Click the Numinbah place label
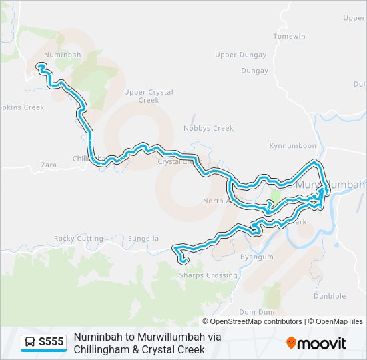pyautogui.click(x=62, y=54)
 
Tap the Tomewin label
pyautogui.click(x=289, y=36)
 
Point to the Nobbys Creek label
pyautogui.click(x=210, y=128)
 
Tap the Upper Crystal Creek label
pyautogui.click(x=149, y=96)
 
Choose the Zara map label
pyautogui.click(x=49, y=164)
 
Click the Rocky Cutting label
pyautogui.click(x=79, y=238)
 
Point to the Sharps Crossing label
pyautogui.click(x=208, y=275)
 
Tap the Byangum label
pyautogui.click(x=257, y=257)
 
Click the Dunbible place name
pyautogui.click(x=329, y=296)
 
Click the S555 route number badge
pyautogui.click(x=51, y=343)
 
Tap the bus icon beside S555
pyautogui.click(x=30, y=343)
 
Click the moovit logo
pyautogui.click(x=316, y=343)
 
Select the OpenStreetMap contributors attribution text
pyautogui.click(x=256, y=321)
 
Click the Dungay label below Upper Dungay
pyautogui.click(x=254, y=71)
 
